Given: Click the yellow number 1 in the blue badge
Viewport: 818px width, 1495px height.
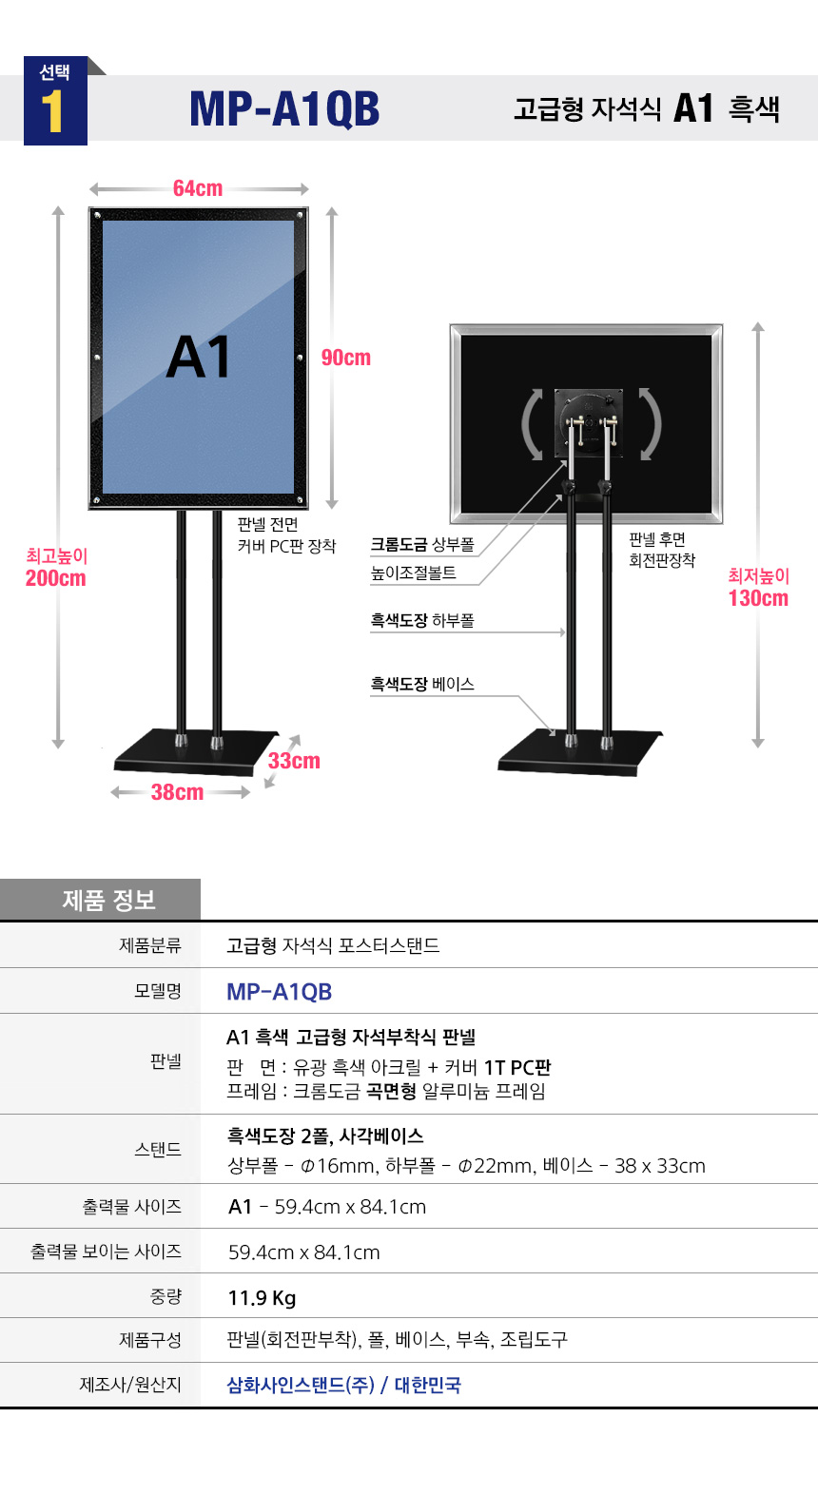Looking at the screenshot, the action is pos(52,111).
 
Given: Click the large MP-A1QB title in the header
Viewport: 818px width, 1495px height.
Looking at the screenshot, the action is pos(284,109).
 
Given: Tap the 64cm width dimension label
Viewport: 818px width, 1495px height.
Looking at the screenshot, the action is pos(198,188).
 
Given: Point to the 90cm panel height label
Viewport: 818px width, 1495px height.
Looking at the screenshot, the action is pos(346,358).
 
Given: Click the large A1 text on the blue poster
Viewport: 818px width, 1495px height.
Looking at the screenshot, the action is pos(199,357).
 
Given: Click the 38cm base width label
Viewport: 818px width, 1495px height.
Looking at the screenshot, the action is pos(177,792).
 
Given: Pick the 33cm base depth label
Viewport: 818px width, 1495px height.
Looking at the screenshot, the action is pos(294,761).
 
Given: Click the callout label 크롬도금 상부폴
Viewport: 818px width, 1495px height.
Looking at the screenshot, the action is pos(422,545).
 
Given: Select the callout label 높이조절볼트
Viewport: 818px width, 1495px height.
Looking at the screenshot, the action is pos(414,573).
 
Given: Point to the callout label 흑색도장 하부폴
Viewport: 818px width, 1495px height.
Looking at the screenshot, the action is pos(422,621).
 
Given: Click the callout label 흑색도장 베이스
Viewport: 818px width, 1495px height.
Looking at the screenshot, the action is pos(422,684).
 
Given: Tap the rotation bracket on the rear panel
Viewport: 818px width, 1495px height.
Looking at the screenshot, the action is pos(588,423).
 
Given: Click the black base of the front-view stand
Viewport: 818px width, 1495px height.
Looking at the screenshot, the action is pos(196,753).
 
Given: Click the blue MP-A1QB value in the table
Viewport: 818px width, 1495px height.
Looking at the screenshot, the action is pos(279,992).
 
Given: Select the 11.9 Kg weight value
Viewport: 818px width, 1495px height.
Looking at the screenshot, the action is pos(262,1298).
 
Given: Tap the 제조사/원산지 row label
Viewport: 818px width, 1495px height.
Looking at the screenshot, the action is pos(130,1385).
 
